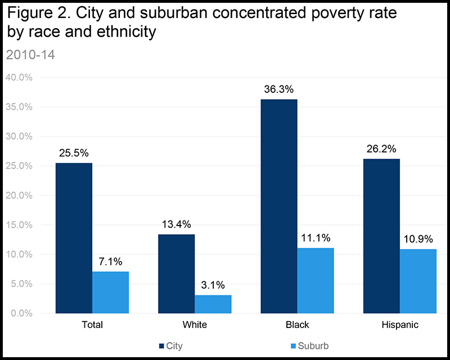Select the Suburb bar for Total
tap(110, 292)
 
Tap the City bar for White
tap(176, 273)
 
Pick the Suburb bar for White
tap(213, 304)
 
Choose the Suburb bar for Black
tap(316, 280)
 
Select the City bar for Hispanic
tap(381, 236)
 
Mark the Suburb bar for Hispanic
tap(418, 281)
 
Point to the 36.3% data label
tap(279, 89)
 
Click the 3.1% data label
tap(213, 285)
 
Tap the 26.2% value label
tap(382, 149)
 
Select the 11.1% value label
tap(316, 238)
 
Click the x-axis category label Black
tap(297, 325)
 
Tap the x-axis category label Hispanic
tap(399, 325)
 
